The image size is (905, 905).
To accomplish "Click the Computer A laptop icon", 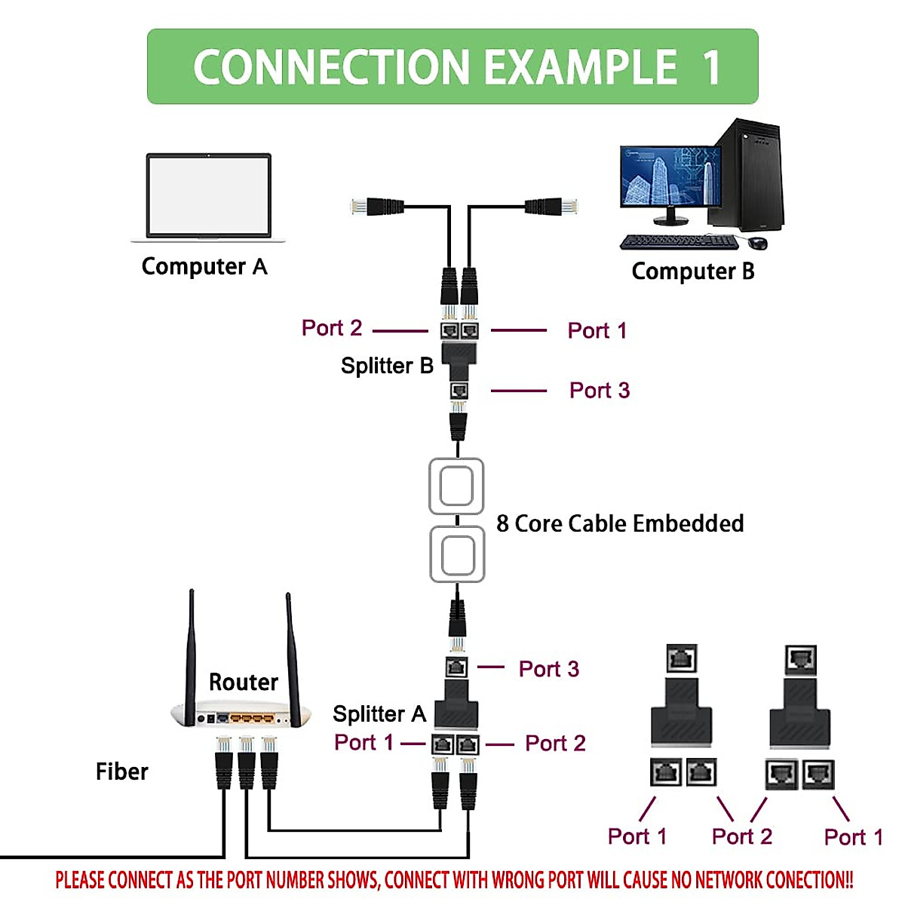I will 208,198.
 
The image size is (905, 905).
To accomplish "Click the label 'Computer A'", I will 204,267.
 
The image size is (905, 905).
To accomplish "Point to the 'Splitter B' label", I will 387,366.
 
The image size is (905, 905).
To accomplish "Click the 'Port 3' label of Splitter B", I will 599,391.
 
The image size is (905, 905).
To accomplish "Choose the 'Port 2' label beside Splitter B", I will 332,328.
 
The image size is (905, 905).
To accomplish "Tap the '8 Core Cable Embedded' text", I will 620,523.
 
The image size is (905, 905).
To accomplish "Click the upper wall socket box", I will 456,486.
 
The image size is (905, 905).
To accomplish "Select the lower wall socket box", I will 456,555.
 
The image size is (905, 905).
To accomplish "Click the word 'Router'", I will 243,683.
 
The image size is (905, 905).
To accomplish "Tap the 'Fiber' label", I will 121,772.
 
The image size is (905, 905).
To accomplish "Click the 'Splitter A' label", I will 379,714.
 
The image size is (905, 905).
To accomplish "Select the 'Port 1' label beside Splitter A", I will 364,743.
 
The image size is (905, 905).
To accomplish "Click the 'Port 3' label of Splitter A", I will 548,669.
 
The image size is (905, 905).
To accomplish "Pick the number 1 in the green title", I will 710,67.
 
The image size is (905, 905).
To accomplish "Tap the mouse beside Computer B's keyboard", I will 758,243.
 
